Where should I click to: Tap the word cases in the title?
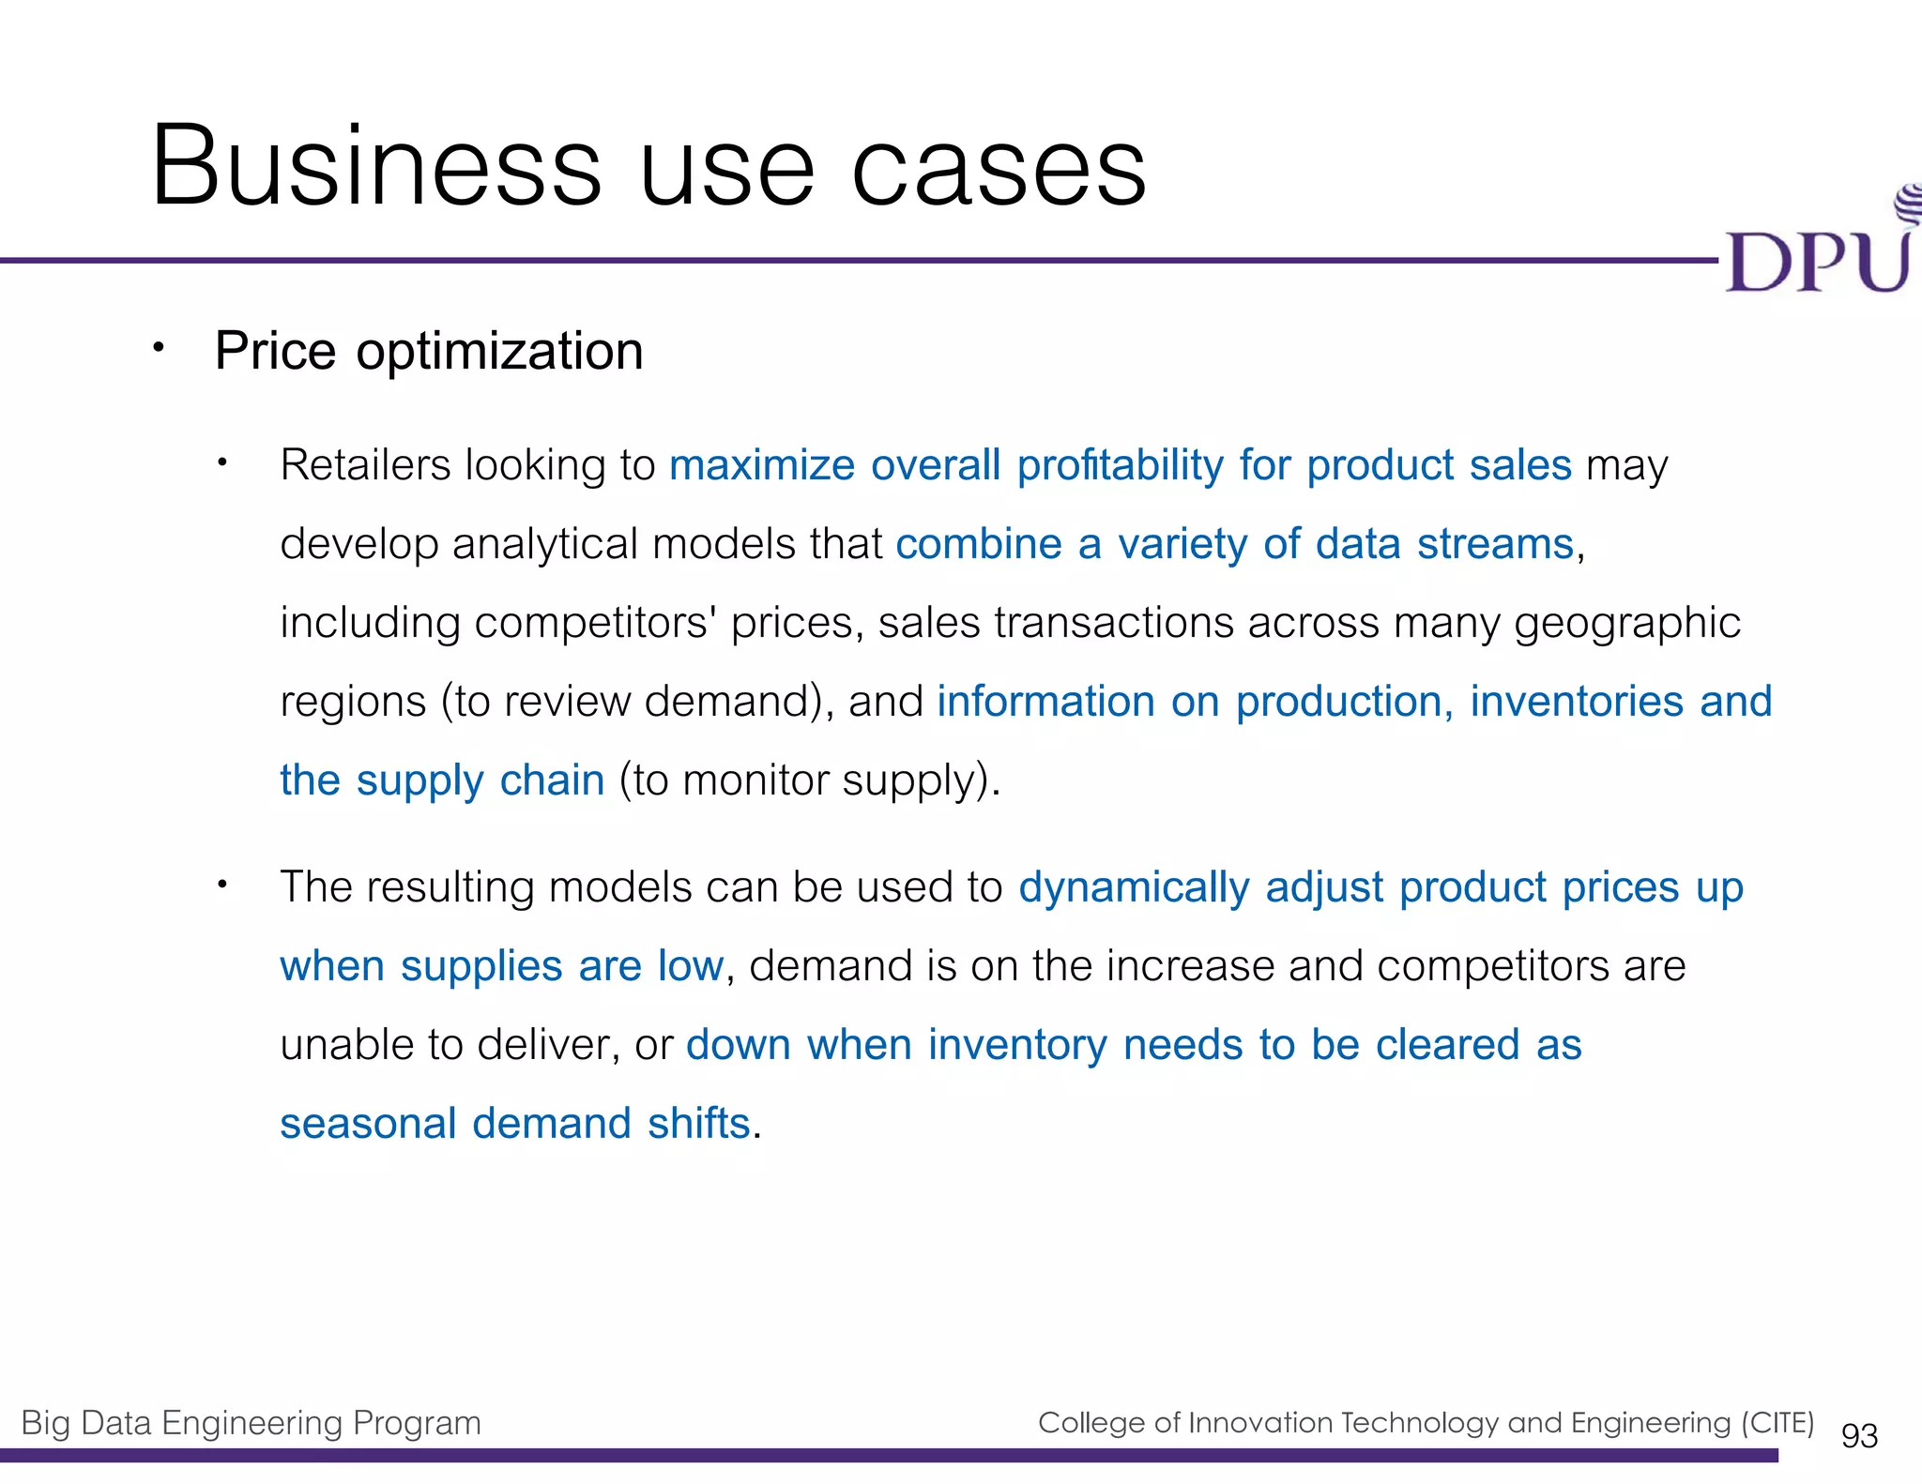[999, 169]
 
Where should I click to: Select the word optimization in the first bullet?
[499, 353]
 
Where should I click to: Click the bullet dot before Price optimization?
[159, 348]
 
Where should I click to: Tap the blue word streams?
[1494, 544]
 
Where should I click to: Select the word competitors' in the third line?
[595, 623]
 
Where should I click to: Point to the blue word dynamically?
[1134, 888]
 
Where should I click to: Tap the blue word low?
[690, 966]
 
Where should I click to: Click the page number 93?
[1859, 1436]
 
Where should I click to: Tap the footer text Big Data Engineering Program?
[251, 1423]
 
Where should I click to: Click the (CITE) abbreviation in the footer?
[1777, 1423]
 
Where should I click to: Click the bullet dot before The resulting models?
[222, 885]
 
